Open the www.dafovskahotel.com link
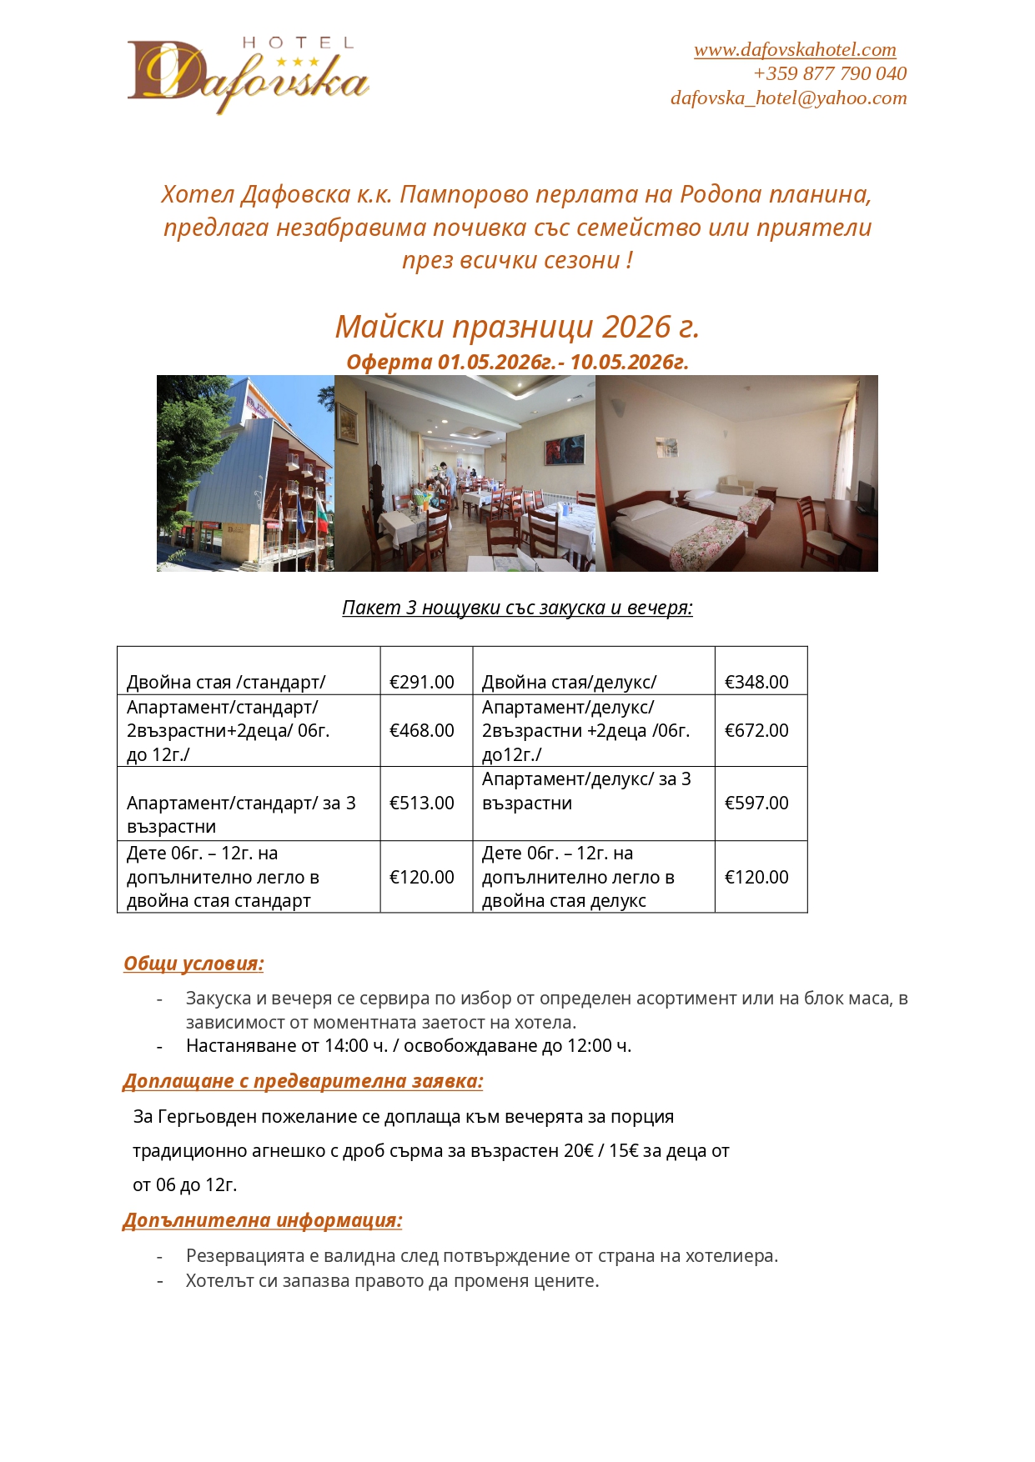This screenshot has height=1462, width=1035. [795, 50]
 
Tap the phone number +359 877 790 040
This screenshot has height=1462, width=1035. [830, 74]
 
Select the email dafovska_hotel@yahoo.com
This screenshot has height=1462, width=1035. [788, 98]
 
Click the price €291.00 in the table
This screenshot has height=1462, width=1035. [422, 682]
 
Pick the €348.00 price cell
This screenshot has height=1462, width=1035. [756, 682]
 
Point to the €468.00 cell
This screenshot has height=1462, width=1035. [422, 730]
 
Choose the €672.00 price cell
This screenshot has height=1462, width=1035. [756, 730]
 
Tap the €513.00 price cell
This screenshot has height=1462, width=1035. [422, 803]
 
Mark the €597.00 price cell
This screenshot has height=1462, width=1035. [756, 803]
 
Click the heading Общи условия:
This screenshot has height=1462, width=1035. [193, 964]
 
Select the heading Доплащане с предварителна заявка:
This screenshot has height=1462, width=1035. [303, 1081]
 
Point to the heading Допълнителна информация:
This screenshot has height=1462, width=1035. [263, 1220]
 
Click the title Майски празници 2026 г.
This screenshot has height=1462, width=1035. [517, 327]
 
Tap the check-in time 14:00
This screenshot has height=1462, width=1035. [346, 1046]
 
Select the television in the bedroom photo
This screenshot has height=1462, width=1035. [867, 496]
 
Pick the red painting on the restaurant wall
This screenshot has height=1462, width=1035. [554, 450]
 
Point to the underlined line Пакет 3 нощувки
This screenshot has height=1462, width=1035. [517, 608]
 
